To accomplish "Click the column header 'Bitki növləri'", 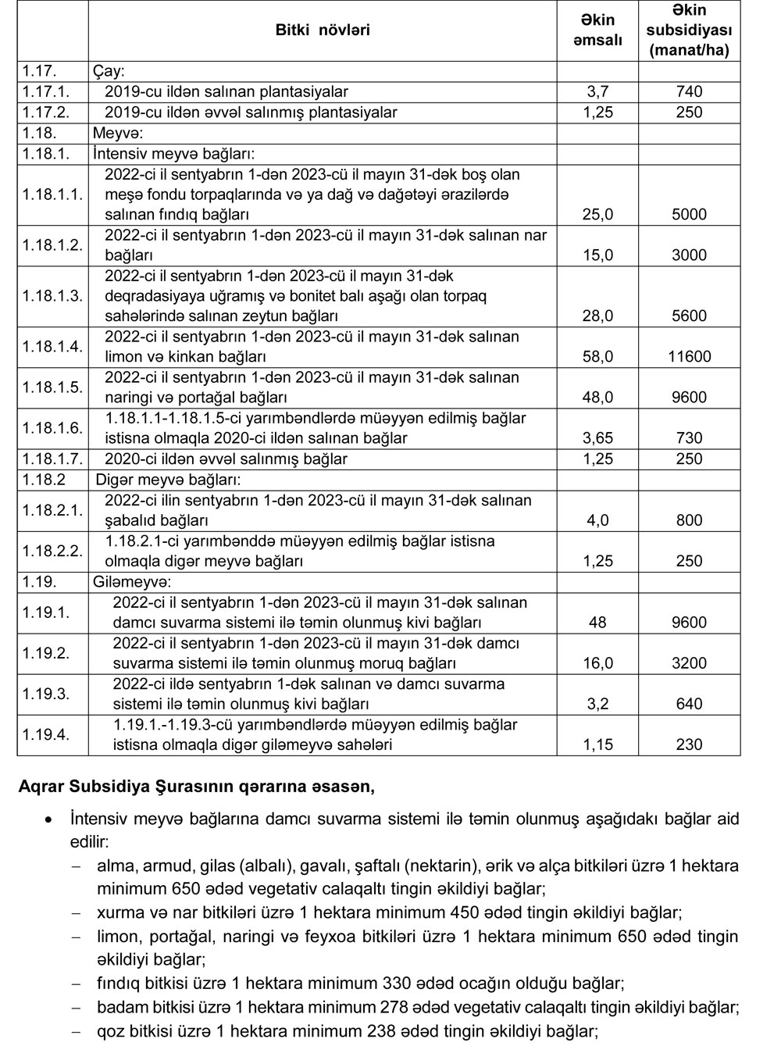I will tap(323, 30).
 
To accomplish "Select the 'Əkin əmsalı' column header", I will tap(597, 30).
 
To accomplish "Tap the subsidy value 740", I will tap(689, 91).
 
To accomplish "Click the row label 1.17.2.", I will tap(48, 112).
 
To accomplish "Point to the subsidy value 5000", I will tap(689, 215).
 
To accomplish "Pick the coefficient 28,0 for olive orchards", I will tap(597, 316).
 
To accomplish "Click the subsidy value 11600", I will tap(689, 357).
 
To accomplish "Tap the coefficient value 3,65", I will tap(597, 438).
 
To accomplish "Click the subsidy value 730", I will tap(689, 438).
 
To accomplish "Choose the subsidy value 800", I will tap(689, 520).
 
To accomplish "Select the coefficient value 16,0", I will tap(597, 663).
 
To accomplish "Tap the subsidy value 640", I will tap(689, 704).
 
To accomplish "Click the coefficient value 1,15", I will tap(597, 744).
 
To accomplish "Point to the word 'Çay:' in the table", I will tap(109, 70).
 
